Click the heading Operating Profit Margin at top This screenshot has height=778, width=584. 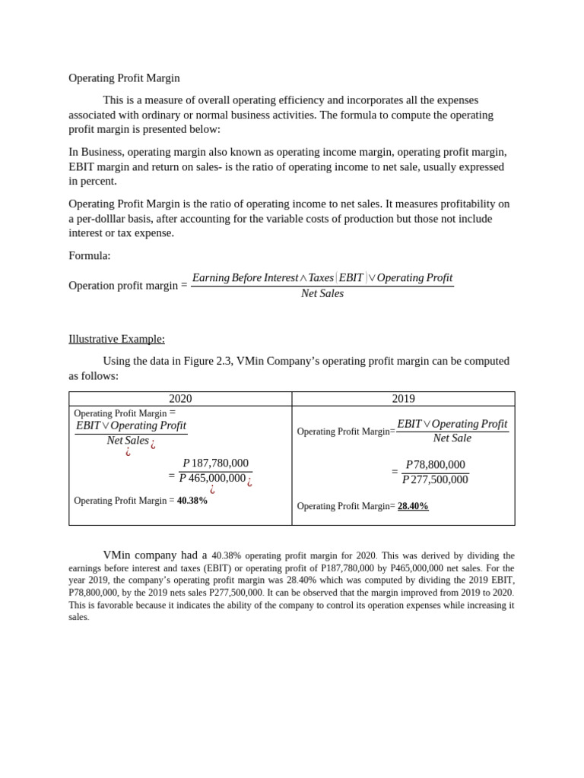point(124,77)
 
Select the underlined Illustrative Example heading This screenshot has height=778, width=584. point(116,339)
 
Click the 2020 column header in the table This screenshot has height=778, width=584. point(180,399)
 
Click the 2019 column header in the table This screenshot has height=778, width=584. point(403,399)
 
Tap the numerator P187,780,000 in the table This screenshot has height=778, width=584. point(215,463)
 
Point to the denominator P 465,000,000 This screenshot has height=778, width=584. point(212,478)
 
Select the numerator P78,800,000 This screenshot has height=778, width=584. point(435,465)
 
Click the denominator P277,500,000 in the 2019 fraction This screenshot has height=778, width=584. point(435,479)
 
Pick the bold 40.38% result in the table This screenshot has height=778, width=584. point(192,501)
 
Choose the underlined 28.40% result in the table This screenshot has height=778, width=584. point(413,506)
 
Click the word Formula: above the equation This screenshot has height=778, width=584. point(90,256)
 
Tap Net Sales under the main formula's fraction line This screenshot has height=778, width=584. point(322,293)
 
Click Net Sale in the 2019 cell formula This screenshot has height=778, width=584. point(452,438)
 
